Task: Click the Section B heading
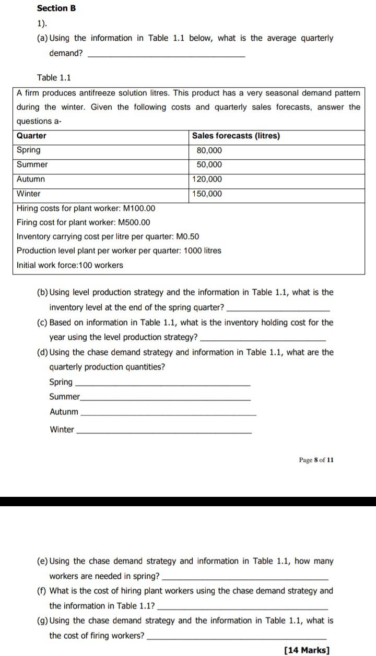tap(56, 8)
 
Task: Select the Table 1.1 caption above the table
tap(54, 78)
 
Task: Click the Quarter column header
tap(31, 136)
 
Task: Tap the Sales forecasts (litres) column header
tap(236, 136)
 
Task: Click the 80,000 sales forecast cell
tap(209, 150)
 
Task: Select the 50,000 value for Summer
tap(209, 165)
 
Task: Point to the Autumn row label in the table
tap(31, 179)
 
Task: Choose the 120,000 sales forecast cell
tap(207, 179)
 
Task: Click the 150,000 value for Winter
tap(207, 194)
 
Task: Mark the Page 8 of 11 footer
tap(316, 460)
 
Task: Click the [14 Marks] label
tap(307, 650)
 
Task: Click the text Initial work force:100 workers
tap(70, 265)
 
